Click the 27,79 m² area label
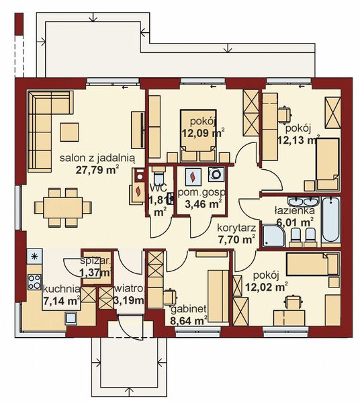tap(97, 170)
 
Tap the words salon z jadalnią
tap(97, 158)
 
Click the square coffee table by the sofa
tap(69, 132)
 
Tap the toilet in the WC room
tap(159, 176)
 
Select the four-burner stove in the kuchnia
tap(34, 282)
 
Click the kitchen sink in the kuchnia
tap(71, 318)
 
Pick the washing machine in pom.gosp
tap(216, 175)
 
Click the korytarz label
tap(236, 228)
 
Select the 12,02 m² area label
tap(266, 286)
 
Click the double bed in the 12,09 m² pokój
tap(198, 136)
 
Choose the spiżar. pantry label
tap(96, 261)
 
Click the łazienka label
tap(294, 211)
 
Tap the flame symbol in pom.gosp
tap(192, 177)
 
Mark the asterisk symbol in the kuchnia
tap(34, 256)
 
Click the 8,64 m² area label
tap(189, 320)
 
